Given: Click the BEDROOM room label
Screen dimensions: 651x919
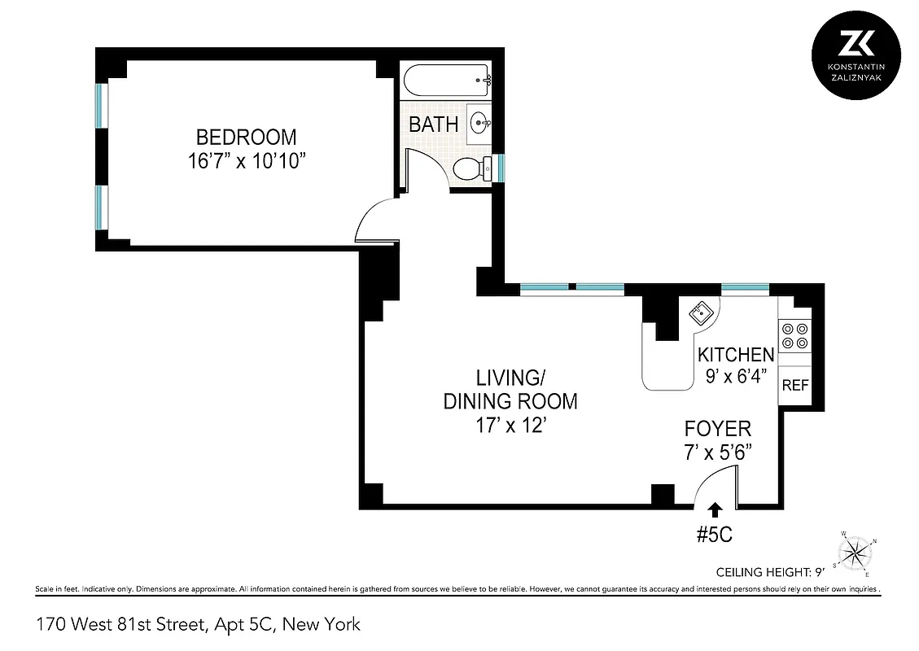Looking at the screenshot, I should click(x=245, y=137).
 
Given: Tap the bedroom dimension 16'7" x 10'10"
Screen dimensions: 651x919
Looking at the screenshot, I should click(x=245, y=161).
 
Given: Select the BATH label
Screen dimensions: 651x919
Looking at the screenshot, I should click(x=433, y=125).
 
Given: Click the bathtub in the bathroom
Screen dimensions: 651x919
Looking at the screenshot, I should click(x=446, y=81).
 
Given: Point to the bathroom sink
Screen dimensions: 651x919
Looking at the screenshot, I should click(x=480, y=124).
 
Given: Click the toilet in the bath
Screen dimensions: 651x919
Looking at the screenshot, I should click(x=471, y=169).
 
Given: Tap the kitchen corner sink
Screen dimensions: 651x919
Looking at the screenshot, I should click(x=701, y=312).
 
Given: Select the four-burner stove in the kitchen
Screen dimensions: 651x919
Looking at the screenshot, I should click(x=794, y=336).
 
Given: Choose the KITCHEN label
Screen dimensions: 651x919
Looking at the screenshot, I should click(x=736, y=355).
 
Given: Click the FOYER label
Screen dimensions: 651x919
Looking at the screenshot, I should click(x=717, y=429).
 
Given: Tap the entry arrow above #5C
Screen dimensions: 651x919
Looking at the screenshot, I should click(x=716, y=509).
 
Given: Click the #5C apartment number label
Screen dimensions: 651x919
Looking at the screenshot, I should click(x=716, y=535).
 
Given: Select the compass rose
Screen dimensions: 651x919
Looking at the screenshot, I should click(x=855, y=553).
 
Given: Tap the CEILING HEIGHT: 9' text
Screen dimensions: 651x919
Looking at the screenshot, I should click(x=769, y=571).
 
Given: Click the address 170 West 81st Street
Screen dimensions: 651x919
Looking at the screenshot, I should click(x=198, y=625).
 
